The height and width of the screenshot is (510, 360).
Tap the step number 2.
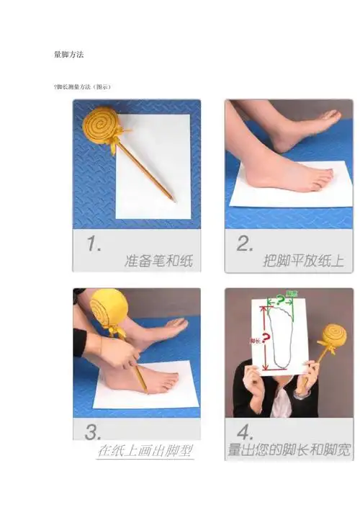[244, 245]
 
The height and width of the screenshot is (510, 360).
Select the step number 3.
[92, 432]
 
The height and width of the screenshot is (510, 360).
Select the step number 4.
[243, 433]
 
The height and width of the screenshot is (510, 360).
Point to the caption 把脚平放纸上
[303, 260]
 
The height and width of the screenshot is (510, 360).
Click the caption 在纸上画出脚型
[145, 451]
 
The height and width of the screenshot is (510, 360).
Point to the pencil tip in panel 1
[173, 200]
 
